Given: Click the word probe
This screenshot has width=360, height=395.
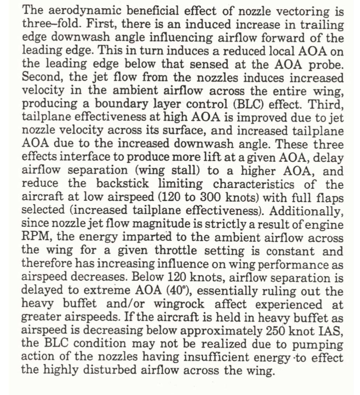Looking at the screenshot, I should pos(326,65).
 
